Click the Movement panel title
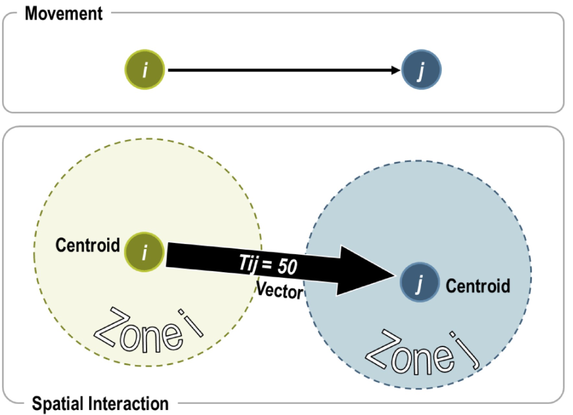[64, 14]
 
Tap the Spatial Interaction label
[100, 404]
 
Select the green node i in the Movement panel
[145, 69]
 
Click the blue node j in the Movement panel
[421, 69]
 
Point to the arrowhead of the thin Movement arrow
[396, 70]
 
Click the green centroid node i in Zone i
[144, 252]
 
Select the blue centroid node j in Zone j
[419, 282]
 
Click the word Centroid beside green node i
[88, 245]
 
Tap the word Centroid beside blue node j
[478, 286]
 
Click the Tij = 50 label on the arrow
[268, 264]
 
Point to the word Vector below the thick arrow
[280, 290]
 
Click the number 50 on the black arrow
[287, 267]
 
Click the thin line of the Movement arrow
[279, 70]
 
